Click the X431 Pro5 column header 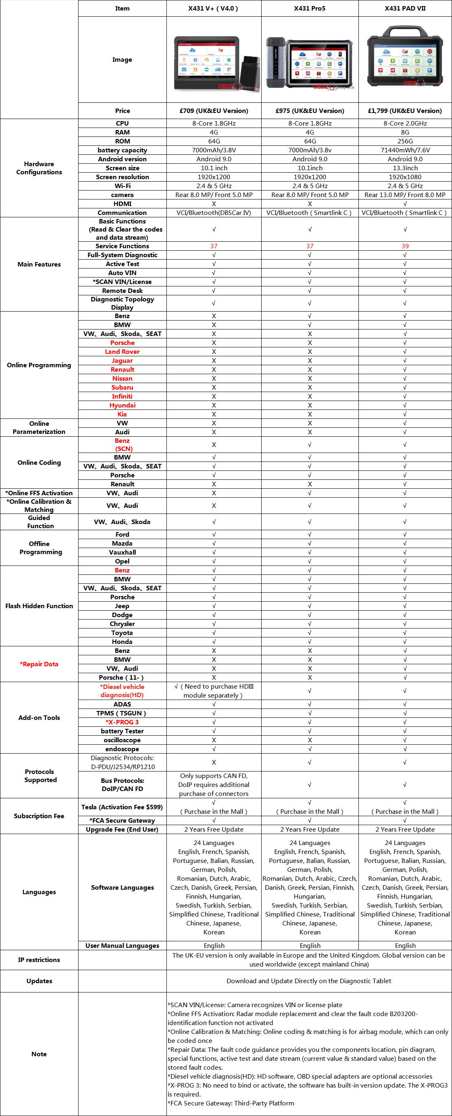click(x=309, y=8)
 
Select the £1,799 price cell click(x=405, y=111)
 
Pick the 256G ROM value click(x=405, y=141)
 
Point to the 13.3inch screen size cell click(x=405, y=168)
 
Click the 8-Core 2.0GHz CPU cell click(x=405, y=124)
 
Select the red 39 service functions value click(x=405, y=246)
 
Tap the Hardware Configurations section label click(x=39, y=168)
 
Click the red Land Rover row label click(x=122, y=352)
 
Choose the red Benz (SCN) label click(x=123, y=445)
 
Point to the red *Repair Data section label click(x=39, y=664)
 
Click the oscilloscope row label click(x=122, y=740)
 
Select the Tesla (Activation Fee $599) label click(x=122, y=807)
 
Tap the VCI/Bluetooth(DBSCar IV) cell click(x=214, y=213)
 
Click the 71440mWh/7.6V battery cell click(x=405, y=150)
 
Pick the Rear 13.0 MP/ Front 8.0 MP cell click(x=405, y=195)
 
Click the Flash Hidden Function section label click(x=39, y=606)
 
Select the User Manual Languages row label click(x=122, y=946)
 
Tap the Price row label click(x=122, y=111)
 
